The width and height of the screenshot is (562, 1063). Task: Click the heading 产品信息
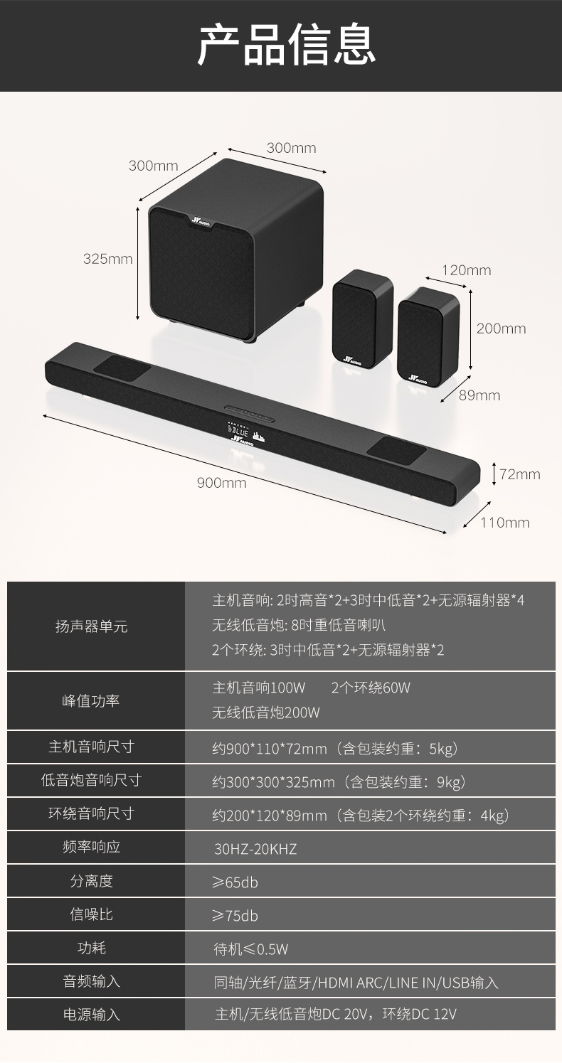tap(286, 45)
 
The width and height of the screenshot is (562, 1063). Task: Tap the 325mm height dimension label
tap(107, 259)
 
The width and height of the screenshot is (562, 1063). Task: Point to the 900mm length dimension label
tap(221, 484)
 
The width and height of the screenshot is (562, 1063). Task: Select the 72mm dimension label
tap(519, 474)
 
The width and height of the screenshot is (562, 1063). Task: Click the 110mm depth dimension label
tap(504, 523)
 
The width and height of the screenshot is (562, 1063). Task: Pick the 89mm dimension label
tap(479, 395)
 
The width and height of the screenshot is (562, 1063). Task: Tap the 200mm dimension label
tap(501, 328)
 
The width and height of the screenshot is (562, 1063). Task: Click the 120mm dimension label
tap(466, 270)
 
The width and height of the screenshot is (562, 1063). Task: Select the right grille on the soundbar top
tap(396, 448)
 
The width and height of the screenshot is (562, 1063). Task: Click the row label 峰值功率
tap(91, 700)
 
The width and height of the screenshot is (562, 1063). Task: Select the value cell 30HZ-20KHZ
tap(255, 849)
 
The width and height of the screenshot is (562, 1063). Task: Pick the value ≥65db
tap(235, 882)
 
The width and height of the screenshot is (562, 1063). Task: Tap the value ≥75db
tap(235, 916)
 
